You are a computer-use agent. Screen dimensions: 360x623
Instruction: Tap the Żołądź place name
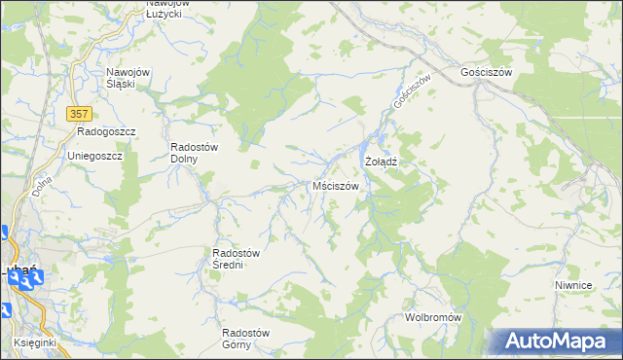coord(383,160)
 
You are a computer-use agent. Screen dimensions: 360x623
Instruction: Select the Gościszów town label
coord(487,72)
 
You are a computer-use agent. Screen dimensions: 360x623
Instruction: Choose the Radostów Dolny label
coord(194,153)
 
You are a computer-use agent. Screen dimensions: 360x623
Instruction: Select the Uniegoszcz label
coord(93,156)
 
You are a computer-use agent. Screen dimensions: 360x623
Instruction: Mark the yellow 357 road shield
coord(81,114)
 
